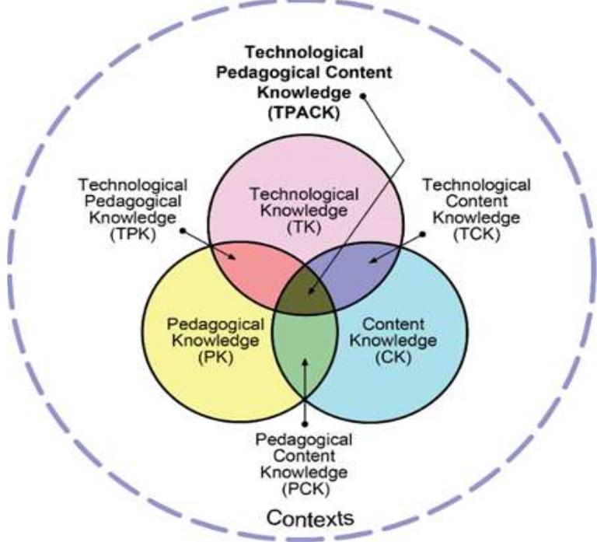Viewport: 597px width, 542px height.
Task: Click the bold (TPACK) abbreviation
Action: pyautogui.click(x=304, y=113)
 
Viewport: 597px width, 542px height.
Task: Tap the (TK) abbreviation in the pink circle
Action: pyautogui.click(x=304, y=227)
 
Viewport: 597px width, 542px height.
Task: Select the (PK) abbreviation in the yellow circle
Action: pyautogui.click(x=216, y=357)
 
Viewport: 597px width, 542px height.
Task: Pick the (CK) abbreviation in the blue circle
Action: pyautogui.click(x=393, y=357)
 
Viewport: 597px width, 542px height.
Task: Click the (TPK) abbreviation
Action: pyautogui.click(x=133, y=234)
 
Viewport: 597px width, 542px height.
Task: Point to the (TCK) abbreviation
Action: pyautogui.click(x=477, y=234)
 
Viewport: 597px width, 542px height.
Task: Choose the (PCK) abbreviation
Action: pyautogui.click(x=305, y=489)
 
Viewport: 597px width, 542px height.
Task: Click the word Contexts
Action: pyautogui.click(x=310, y=518)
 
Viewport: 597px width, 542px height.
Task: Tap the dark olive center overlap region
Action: pyautogui.click(x=305, y=292)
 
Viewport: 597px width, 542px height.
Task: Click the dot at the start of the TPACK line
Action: pyautogui.click(x=363, y=96)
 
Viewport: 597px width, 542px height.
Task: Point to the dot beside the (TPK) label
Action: pyautogui.click(x=183, y=230)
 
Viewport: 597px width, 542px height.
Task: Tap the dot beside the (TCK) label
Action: pyautogui.click(x=423, y=234)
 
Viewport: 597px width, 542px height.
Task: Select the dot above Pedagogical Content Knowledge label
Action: pyautogui.click(x=305, y=424)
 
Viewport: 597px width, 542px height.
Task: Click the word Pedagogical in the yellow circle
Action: pyautogui.click(x=215, y=324)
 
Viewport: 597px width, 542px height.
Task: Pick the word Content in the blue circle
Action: pyautogui.click(x=393, y=324)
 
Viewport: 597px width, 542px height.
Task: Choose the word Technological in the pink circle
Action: pyautogui.click(x=304, y=194)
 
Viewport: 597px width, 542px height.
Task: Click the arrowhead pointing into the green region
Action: pyautogui.click(x=305, y=362)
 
